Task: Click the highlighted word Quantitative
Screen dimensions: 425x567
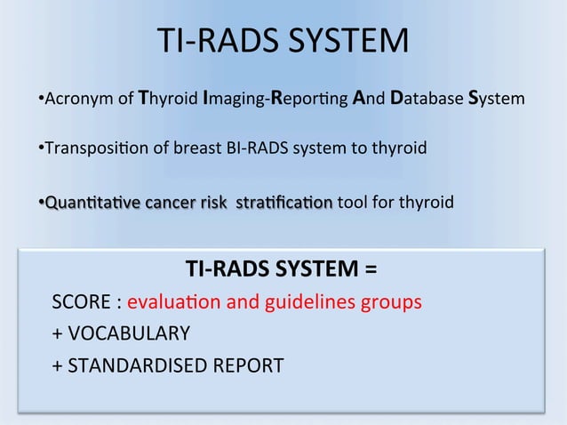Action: pyautogui.click(x=84, y=203)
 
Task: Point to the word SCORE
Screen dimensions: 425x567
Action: pyautogui.click(x=82, y=302)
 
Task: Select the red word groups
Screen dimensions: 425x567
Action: pyautogui.click(x=391, y=302)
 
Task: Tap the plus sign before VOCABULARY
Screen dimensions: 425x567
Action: pyautogui.click(x=58, y=334)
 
